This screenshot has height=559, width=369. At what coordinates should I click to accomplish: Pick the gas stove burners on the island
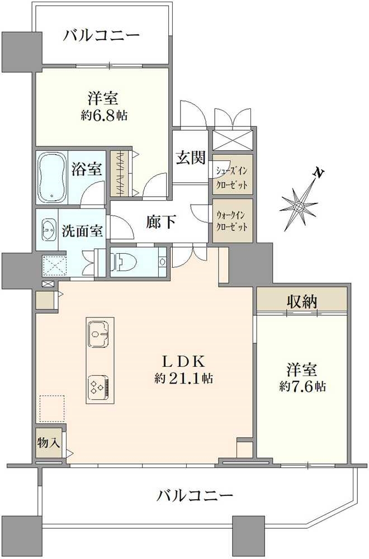pos(100,386)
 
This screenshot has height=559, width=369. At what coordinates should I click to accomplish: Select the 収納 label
pos(302,302)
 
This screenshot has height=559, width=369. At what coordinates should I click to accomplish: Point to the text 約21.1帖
pos(184,378)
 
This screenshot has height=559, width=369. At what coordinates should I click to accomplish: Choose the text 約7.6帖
pos(302,386)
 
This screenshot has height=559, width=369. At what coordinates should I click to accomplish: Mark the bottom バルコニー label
pos(195,495)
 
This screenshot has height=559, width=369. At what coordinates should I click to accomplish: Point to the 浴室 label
pos(87,169)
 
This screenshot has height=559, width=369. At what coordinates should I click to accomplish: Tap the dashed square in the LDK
pos(52,409)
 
